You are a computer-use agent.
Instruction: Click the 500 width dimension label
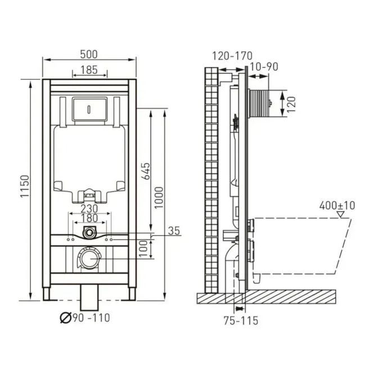point(89,54)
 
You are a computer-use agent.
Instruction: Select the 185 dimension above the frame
point(89,70)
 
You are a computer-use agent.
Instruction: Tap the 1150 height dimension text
point(25,186)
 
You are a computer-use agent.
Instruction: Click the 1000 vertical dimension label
point(159,198)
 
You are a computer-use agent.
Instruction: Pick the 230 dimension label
point(89,209)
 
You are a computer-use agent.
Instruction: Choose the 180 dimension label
point(89,218)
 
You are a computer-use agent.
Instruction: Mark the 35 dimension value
point(174,231)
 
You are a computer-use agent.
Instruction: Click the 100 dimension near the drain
point(143,249)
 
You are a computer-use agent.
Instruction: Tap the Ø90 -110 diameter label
point(85,318)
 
